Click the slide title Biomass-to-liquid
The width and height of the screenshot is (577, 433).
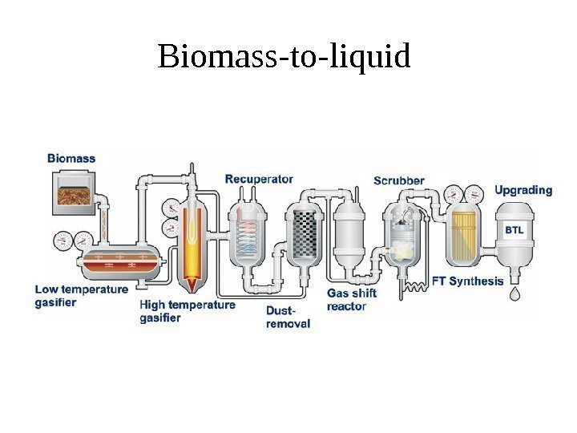(284, 57)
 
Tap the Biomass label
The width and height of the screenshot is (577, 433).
(71, 159)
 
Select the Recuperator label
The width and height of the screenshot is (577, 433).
(259, 178)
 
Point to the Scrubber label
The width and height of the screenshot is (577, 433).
(399, 180)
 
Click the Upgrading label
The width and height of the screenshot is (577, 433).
(523, 191)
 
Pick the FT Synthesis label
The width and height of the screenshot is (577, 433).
(468, 281)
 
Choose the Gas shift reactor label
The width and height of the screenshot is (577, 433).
(351, 300)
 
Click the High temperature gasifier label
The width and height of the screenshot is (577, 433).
(188, 311)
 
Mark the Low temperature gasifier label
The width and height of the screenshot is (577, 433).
(81, 295)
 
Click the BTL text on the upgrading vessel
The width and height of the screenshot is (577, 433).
(514, 230)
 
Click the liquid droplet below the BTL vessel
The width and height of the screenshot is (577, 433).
(514, 295)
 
